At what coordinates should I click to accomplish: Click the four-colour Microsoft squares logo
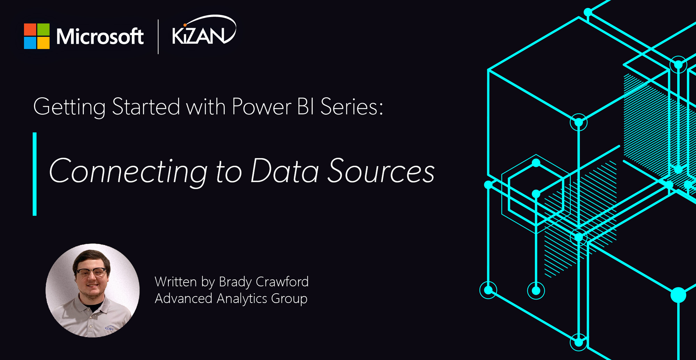click(37, 36)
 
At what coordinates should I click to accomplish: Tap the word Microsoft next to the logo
click(100, 37)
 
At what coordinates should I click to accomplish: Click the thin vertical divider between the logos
click(158, 37)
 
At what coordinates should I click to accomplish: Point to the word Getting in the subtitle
click(69, 106)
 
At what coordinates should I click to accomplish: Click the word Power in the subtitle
click(261, 106)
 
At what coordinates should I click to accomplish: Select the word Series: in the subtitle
click(351, 106)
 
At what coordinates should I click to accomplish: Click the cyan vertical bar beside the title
click(34, 174)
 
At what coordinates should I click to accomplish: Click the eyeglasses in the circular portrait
click(91, 272)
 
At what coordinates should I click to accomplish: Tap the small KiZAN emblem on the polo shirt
click(109, 328)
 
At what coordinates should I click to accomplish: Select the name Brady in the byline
click(236, 282)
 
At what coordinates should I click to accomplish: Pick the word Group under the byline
click(289, 299)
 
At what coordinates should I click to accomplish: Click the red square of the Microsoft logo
click(30, 30)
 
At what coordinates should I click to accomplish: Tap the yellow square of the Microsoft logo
click(43, 43)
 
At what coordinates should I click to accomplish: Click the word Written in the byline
click(176, 282)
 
